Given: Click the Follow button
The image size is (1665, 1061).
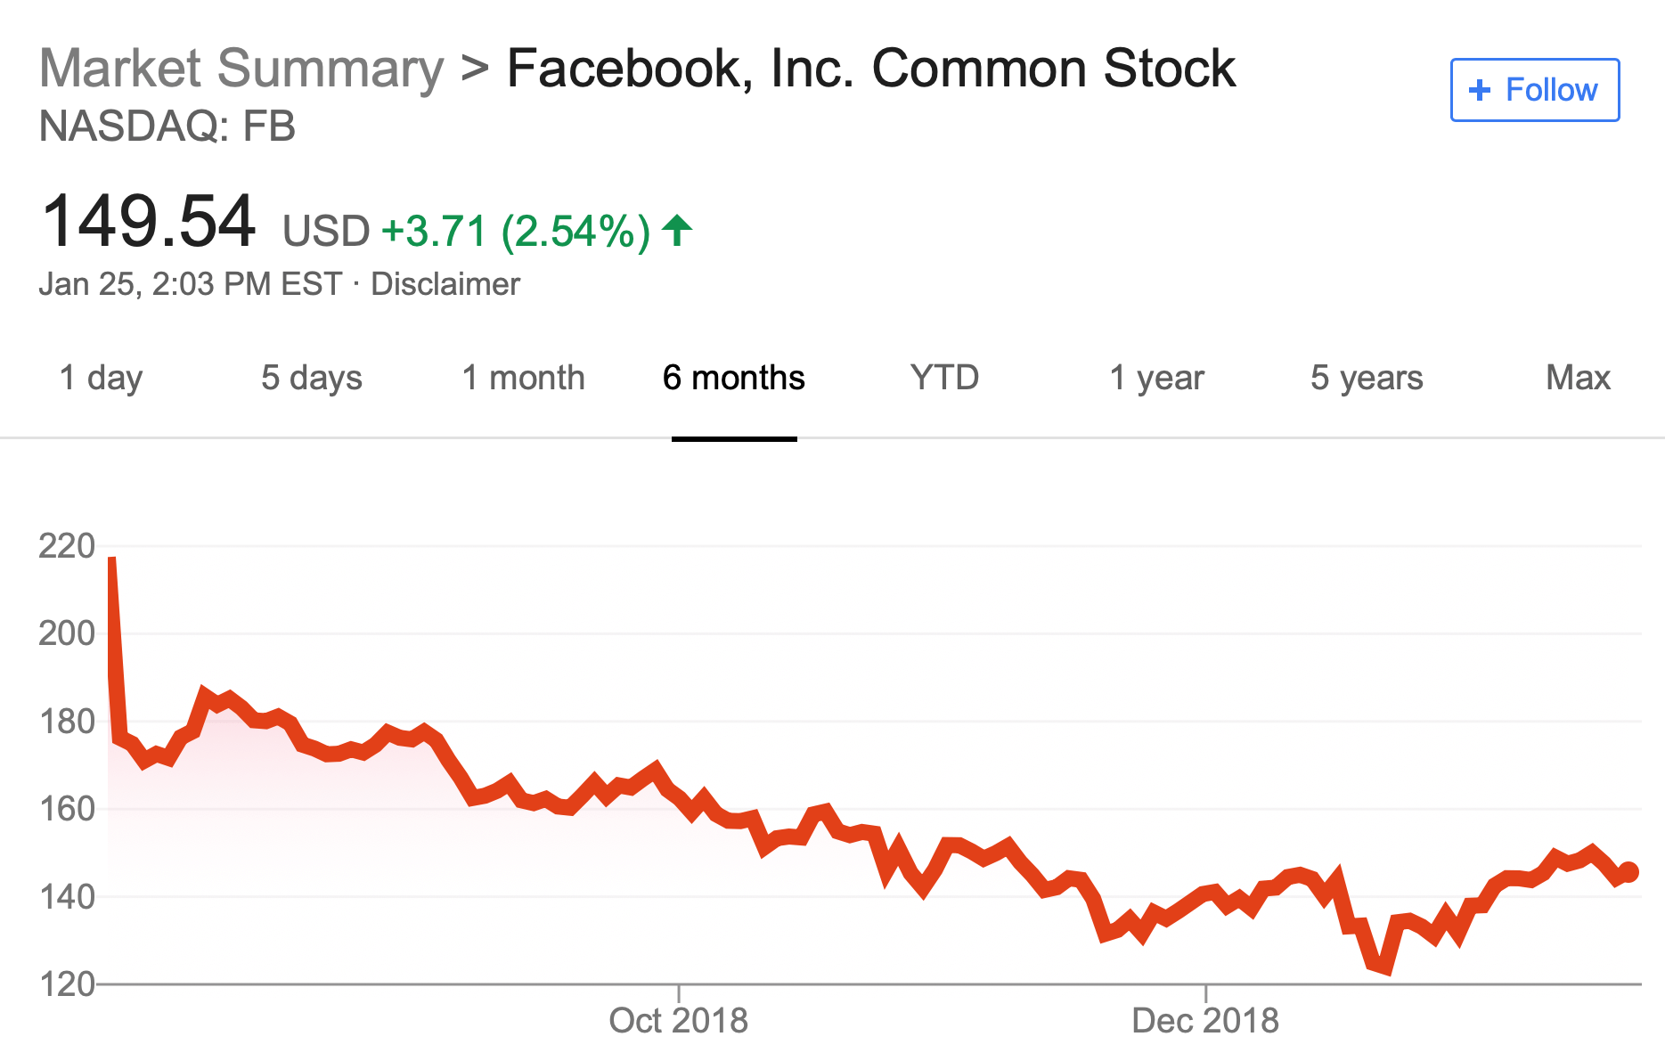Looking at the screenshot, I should (1534, 90).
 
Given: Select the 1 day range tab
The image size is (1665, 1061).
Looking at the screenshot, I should (101, 378).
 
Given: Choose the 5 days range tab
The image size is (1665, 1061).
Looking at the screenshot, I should (312, 378).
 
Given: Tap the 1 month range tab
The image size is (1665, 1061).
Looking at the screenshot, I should (523, 378).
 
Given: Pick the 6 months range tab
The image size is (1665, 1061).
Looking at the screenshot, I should (733, 378).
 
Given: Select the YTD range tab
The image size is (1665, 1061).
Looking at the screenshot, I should (944, 378).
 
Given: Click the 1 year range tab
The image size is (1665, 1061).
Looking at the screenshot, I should (1156, 378).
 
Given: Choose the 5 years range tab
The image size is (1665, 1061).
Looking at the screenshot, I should (1367, 378).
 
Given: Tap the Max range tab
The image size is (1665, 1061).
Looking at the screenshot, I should (1578, 378).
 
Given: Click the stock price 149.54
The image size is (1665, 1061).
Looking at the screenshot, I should (149, 222).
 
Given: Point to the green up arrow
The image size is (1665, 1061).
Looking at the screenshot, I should (677, 230).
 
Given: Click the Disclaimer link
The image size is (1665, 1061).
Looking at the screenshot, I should (445, 284).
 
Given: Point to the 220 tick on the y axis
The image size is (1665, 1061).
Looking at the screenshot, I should (67, 546).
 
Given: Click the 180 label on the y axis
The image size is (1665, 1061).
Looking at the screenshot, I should (67, 722).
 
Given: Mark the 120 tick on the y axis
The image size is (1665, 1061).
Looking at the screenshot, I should (67, 984).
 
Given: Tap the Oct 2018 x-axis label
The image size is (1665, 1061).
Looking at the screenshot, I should (678, 1021).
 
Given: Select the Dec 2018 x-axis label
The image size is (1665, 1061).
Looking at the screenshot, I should (1204, 1021).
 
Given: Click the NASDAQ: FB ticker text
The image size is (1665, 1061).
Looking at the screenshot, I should (167, 127).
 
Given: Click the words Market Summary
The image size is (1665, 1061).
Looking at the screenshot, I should (241, 69).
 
